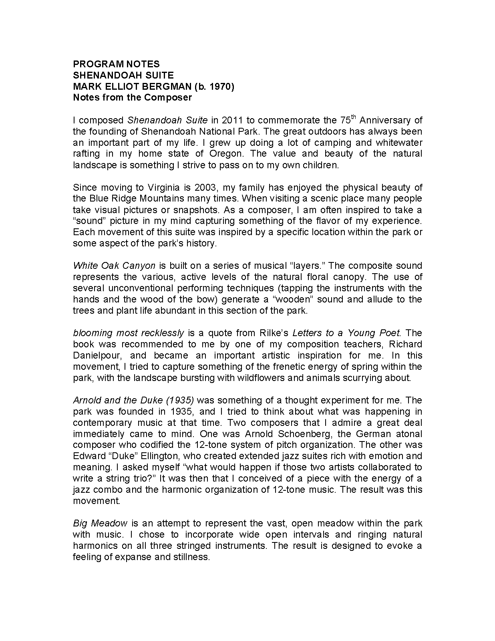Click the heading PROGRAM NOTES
(116, 64)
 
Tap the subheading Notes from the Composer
(132, 97)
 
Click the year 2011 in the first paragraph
(231, 120)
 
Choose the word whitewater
(400, 143)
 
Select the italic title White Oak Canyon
(114, 266)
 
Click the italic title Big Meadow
(100, 523)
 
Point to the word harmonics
(95, 546)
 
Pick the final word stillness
(191, 557)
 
